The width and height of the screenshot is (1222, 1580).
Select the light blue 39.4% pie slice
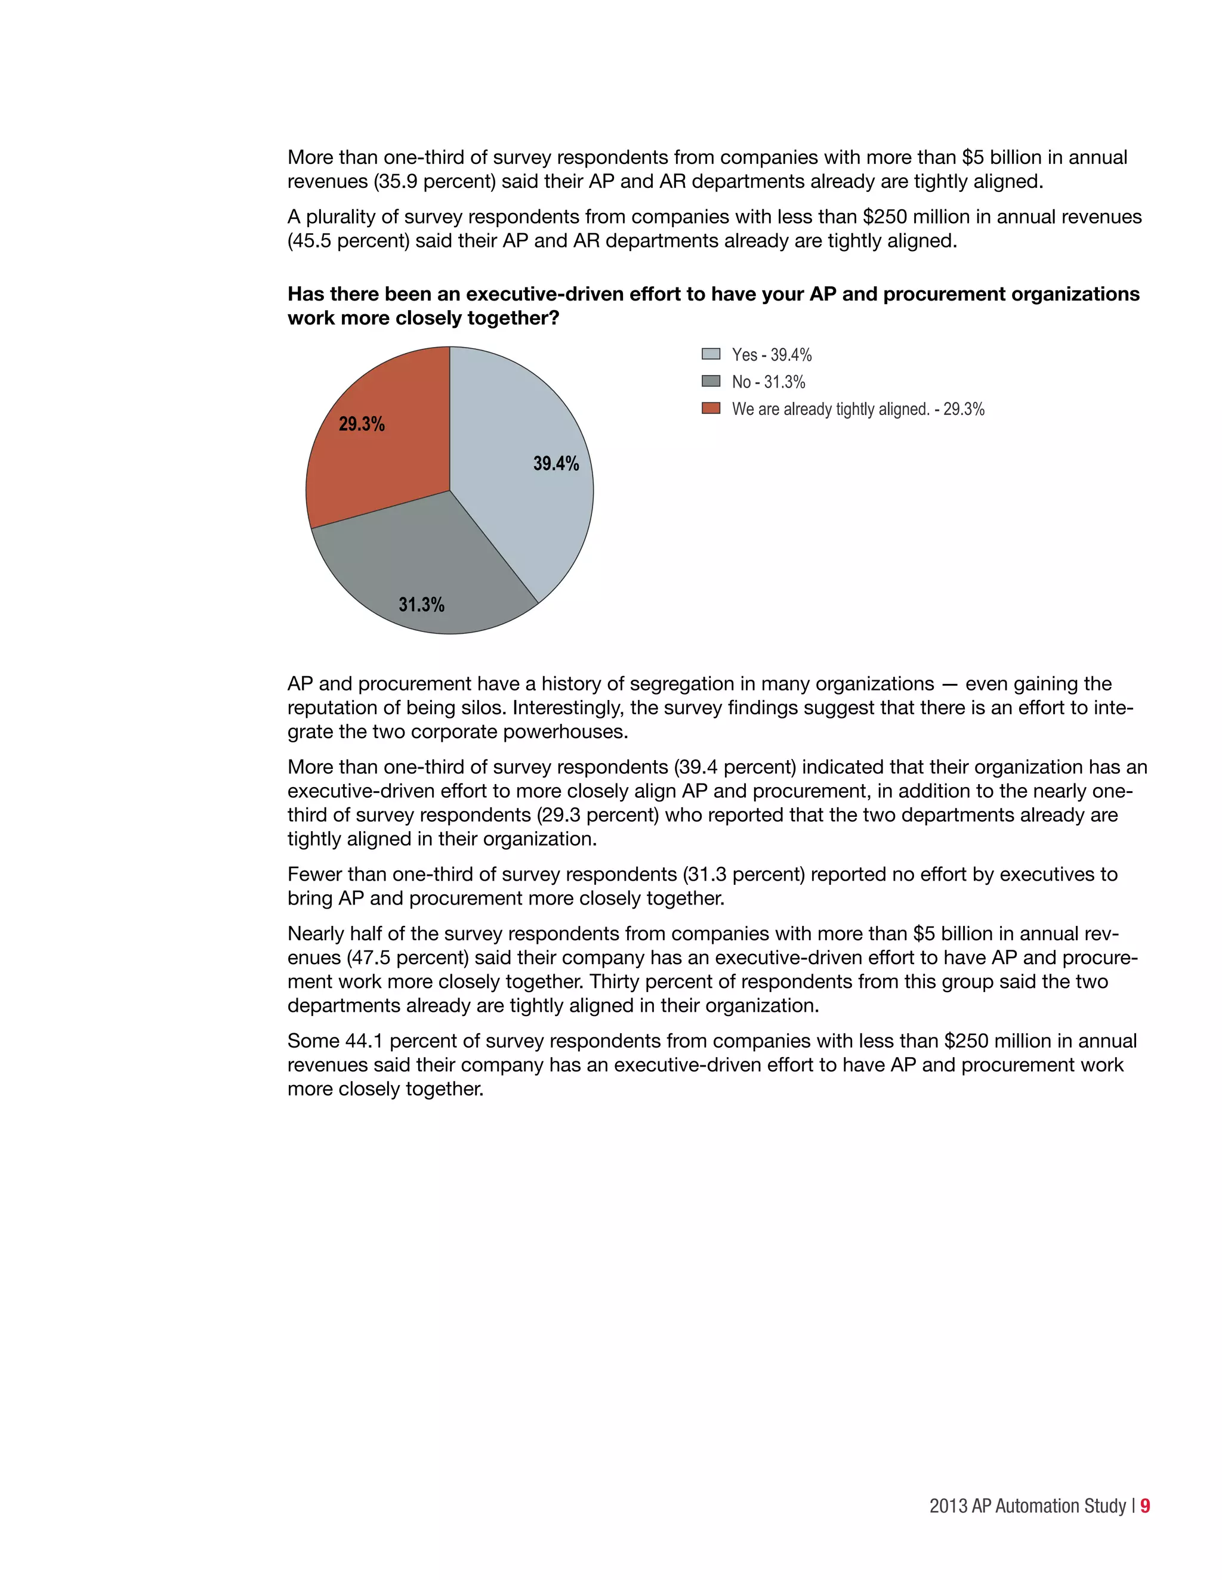tap(521, 506)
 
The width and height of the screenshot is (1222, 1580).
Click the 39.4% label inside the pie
tap(556, 464)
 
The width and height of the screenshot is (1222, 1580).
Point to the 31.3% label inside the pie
tap(421, 605)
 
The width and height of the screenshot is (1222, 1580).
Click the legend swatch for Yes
tap(711, 354)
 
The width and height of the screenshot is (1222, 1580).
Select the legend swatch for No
tap(711, 381)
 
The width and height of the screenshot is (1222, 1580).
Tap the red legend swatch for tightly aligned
tap(711, 408)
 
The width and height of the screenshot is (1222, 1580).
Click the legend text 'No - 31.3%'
tap(768, 382)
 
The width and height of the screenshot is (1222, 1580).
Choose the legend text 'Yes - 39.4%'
tap(772, 355)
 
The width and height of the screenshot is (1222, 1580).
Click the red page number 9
tap(1144, 1505)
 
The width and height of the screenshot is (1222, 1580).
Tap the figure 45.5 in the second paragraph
tap(312, 241)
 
